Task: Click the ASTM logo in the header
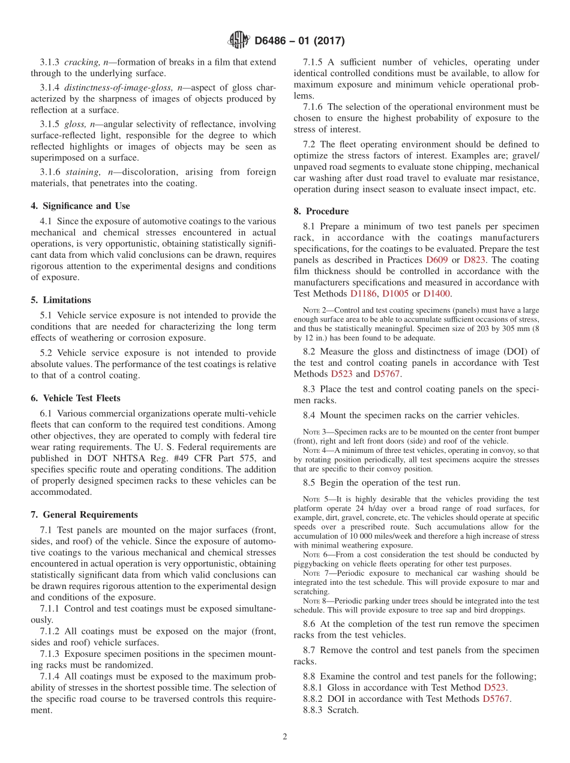pyautogui.click(x=238, y=41)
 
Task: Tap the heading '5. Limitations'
pyautogui.click(x=61, y=300)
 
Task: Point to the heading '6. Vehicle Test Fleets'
pyautogui.click(x=75, y=398)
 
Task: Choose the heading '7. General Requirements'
pyautogui.click(x=84, y=515)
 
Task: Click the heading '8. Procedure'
pyautogui.click(x=321, y=211)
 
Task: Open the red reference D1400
pyautogui.click(x=437, y=294)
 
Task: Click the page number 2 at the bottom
pyautogui.click(x=285, y=737)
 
